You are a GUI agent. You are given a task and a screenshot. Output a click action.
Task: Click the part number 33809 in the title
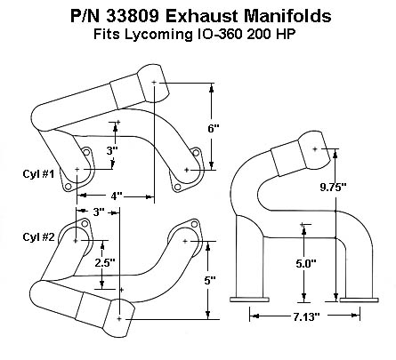(x=133, y=16)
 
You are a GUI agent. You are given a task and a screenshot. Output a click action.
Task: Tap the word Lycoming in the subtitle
(x=158, y=35)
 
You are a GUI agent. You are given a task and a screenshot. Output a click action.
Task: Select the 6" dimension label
(x=214, y=129)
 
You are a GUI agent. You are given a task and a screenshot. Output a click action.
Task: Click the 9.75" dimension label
(x=333, y=187)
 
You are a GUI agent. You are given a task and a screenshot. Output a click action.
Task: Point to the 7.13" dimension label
(x=307, y=316)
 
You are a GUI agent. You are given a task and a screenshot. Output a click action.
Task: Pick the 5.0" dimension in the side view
(x=306, y=263)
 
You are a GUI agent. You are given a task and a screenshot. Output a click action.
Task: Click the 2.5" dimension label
(x=105, y=262)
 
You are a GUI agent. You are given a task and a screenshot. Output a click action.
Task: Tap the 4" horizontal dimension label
(x=117, y=196)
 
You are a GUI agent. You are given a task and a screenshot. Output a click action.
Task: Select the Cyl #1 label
(x=38, y=174)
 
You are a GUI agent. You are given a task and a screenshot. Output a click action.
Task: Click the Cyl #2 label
(x=38, y=237)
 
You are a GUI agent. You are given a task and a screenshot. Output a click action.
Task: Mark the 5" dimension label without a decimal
(x=210, y=280)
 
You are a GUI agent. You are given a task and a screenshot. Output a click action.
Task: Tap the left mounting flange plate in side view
(x=250, y=300)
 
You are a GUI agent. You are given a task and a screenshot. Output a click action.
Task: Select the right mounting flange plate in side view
(x=359, y=300)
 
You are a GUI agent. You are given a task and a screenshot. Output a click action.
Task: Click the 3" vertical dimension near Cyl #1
(x=112, y=151)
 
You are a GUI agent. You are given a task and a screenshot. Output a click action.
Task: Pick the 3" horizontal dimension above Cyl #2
(x=99, y=212)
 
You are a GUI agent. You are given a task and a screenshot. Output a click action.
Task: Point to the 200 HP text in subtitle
(x=271, y=35)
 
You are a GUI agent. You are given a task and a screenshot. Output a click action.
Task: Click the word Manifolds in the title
(x=287, y=16)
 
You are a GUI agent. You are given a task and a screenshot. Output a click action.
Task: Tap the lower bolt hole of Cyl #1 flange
(x=69, y=187)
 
